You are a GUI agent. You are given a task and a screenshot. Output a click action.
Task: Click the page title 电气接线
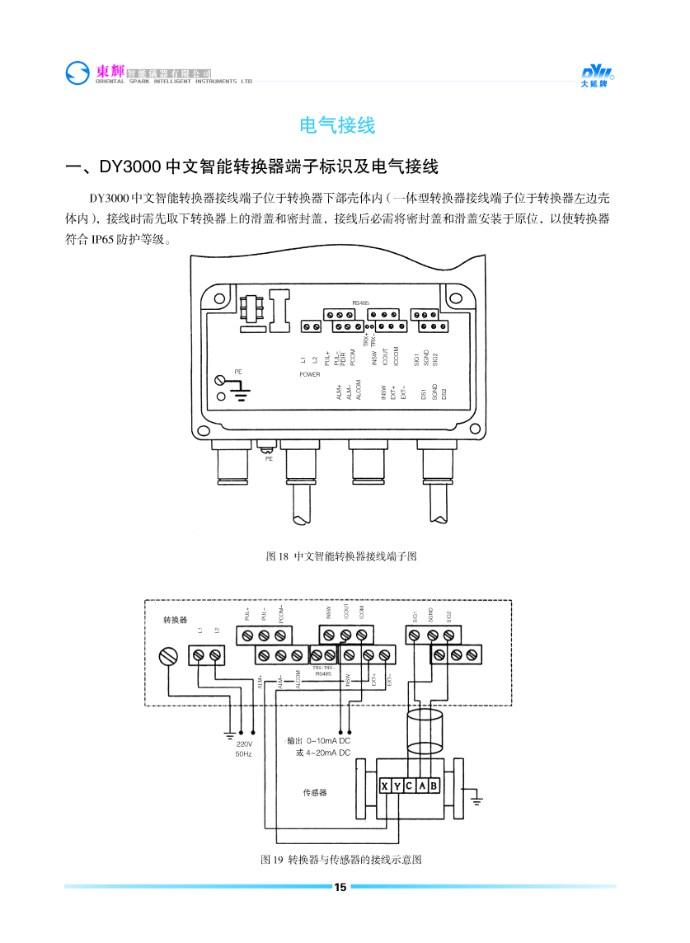[337, 126]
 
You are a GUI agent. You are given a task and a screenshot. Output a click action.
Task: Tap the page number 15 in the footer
[340, 887]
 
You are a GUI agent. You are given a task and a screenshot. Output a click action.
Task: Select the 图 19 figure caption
[341, 860]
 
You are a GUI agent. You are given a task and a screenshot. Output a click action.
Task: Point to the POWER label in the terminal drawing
[310, 374]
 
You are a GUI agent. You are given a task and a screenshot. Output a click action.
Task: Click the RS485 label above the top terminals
[360, 303]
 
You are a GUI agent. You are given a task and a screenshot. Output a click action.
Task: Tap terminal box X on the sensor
[385, 786]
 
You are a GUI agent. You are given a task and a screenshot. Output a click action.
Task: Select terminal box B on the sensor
[434, 786]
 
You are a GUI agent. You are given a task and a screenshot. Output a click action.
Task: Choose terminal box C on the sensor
[410, 786]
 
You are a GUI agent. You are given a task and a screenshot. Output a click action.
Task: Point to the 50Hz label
[244, 753]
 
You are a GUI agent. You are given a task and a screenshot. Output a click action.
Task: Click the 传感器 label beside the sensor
[316, 792]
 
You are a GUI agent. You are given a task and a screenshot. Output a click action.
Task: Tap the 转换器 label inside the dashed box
[175, 618]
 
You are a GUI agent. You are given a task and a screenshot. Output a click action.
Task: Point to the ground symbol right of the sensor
[476, 798]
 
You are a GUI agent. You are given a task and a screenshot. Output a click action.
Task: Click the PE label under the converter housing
[268, 458]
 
